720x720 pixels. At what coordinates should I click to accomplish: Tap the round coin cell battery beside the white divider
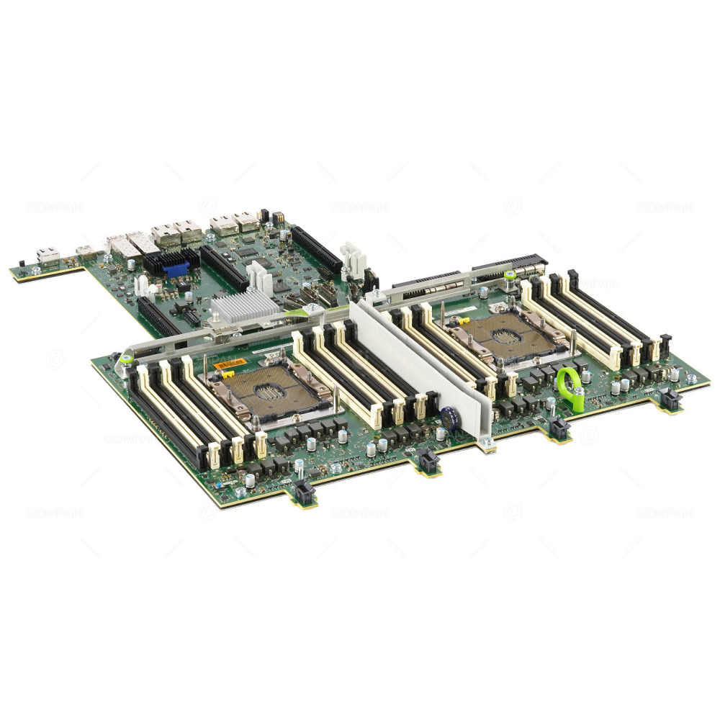click(x=451, y=419)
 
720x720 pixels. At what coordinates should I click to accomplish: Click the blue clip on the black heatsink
click(x=177, y=269)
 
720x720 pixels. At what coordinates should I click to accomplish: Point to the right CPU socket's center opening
click(x=508, y=333)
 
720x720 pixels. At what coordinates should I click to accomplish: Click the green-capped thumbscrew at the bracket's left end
click(x=126, y=358)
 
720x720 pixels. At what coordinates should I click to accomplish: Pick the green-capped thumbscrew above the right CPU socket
click(x=510, y=274)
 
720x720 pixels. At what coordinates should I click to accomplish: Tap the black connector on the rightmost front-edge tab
click(x=671, y=400)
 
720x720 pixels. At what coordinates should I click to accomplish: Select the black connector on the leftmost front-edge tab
click(x=303, y=492)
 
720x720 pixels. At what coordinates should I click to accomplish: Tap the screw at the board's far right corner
click(x=692, y=377)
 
